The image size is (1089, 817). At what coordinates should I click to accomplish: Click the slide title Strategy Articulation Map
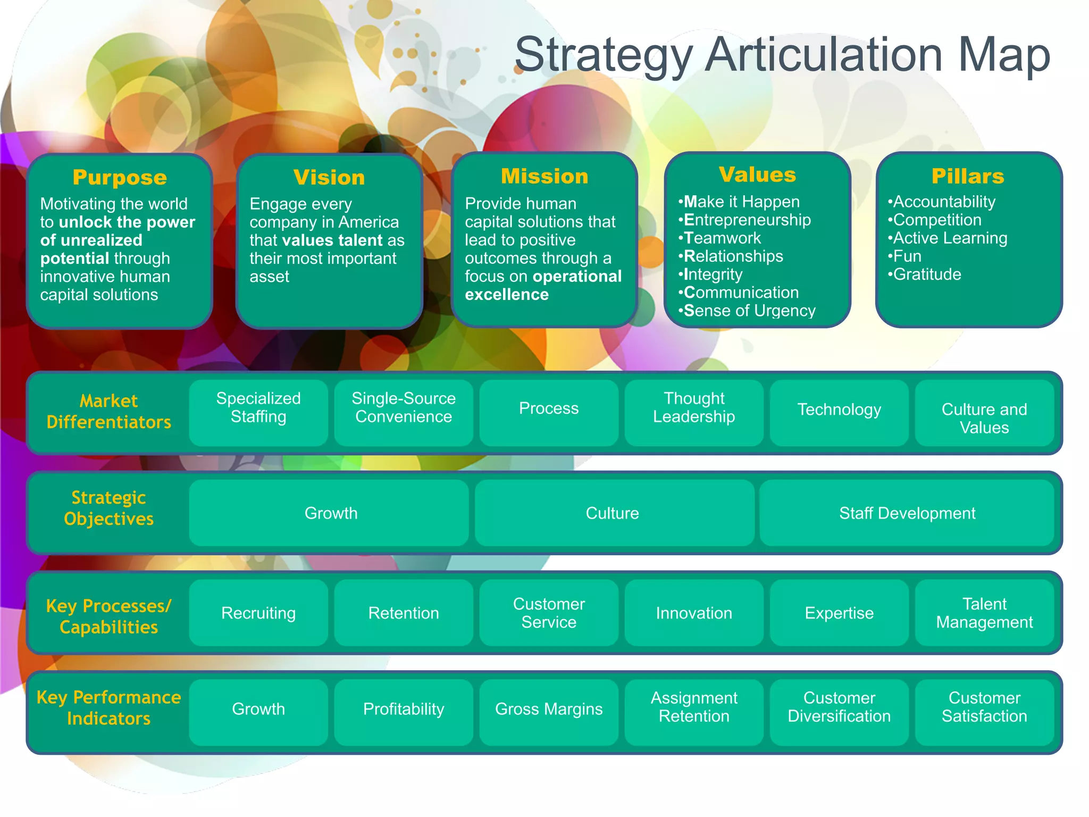[x=782, y=55]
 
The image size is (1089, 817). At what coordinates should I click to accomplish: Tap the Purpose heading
[x=120, y=177]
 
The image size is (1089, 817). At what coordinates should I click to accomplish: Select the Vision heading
[x=329, y=177]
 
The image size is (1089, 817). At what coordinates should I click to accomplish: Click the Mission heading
[x=544, y=176]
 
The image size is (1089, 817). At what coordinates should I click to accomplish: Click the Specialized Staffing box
[x=258, y=408]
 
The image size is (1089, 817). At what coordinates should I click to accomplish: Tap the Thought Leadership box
[x=694, y=408]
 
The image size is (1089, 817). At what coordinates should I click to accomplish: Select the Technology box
[x=839, y=410]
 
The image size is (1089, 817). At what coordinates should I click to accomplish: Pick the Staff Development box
[x=907, y=513]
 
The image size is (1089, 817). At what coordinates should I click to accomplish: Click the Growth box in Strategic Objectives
[x=331, y=513]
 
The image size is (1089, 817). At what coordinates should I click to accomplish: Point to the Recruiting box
[x=258, y=613]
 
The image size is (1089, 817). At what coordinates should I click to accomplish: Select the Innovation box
[x=694, y=613]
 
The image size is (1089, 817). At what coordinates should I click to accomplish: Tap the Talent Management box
[x=984, y=613]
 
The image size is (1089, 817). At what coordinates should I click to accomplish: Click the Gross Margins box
[x=549, y=709]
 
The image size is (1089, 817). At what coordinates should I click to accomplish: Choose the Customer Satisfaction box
[x=984, y=707]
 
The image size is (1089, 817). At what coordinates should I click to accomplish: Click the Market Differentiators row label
[x=108, y=411]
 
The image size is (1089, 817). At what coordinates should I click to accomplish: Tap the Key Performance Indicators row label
[x=108, y=708]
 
